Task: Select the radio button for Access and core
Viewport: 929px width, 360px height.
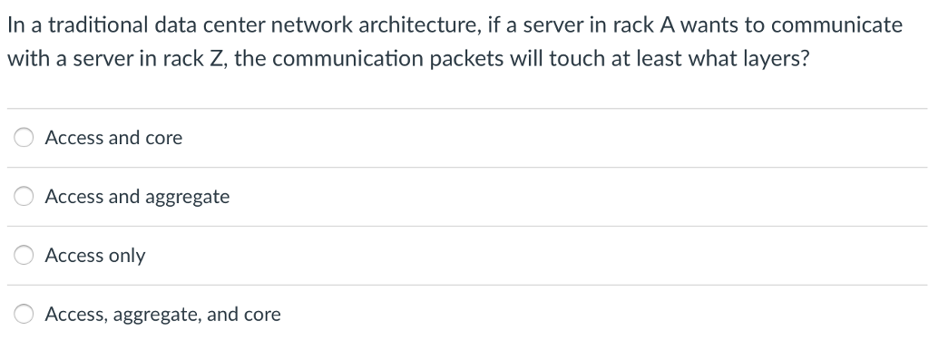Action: pyautogui.click(x=24, y=138)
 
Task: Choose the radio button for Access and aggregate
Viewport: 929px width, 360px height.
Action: pyautogui.click(x=24, y=197)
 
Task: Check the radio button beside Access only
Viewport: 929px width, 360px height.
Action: pyautogui.click(x=24, y=256)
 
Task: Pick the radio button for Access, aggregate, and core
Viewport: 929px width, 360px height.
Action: pyautogui.click(x=24, y=315)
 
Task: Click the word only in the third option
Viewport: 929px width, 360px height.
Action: pyautogui.click(x=127, y=256)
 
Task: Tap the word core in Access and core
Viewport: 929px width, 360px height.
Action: pyautogui.click(x=163, y=138)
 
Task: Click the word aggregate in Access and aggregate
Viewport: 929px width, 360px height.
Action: pyautogui.click(x=188, y=197)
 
